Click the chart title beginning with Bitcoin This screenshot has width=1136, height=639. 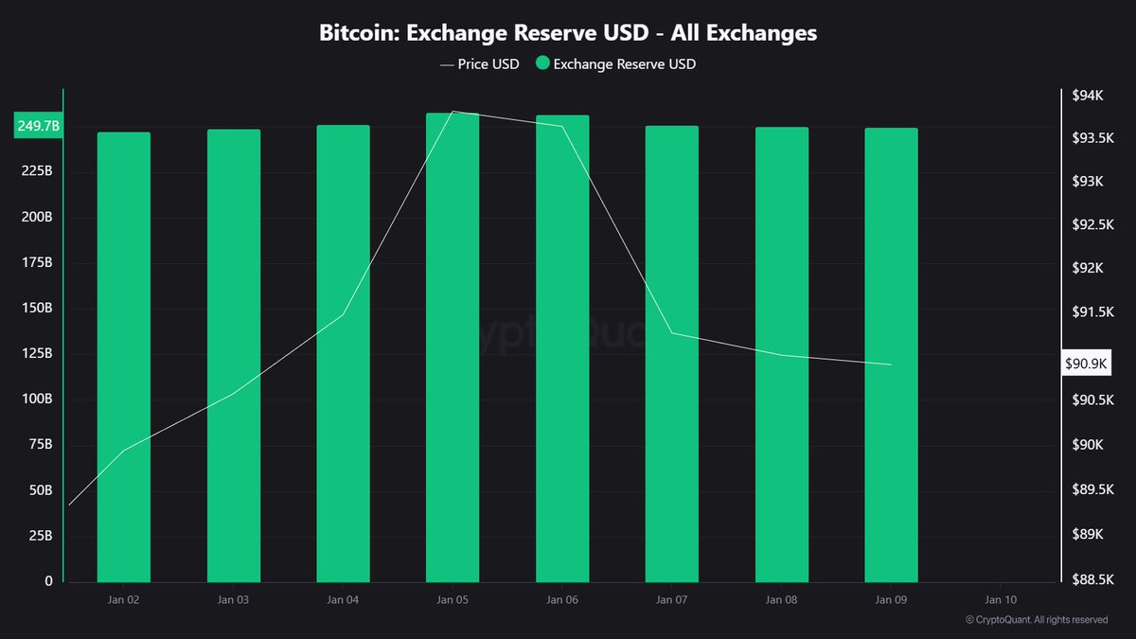567,33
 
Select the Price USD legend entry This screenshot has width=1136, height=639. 479,64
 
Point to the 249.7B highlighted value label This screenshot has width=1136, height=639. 38,126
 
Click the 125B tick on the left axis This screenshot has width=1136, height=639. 39,353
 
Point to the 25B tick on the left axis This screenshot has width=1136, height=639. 42,536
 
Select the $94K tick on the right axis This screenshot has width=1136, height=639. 1087,96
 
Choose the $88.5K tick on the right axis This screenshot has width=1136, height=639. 1092,579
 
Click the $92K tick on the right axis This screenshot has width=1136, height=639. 1087,269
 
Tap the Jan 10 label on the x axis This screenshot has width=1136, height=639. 1001,600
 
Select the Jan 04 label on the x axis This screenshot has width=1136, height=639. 343,600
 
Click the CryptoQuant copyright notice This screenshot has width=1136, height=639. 1037,620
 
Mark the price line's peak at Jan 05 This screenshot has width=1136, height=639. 453,111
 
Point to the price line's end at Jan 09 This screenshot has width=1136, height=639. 891,364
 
